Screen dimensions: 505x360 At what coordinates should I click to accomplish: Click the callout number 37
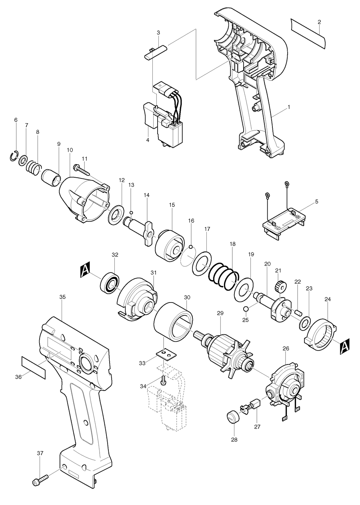coord(40,453)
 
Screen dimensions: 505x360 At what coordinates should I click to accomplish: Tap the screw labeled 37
coord(40,479)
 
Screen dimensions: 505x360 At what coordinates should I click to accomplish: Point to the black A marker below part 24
coord(344,347)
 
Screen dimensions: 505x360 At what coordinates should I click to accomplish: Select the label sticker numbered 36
coord(34,367)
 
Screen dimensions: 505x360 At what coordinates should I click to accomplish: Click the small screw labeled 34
coord(163,381)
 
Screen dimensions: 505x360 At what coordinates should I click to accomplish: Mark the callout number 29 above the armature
coord(220,313)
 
